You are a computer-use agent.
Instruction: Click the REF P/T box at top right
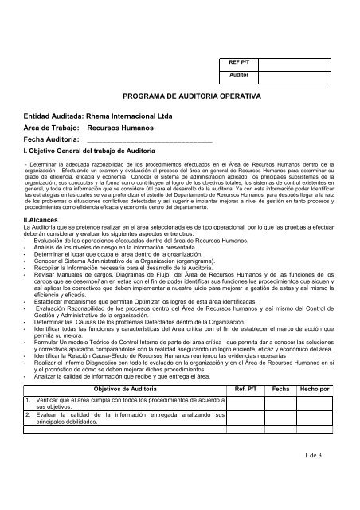tap(234, 61)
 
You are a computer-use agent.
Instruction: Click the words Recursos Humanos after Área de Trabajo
tap(119, 127)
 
